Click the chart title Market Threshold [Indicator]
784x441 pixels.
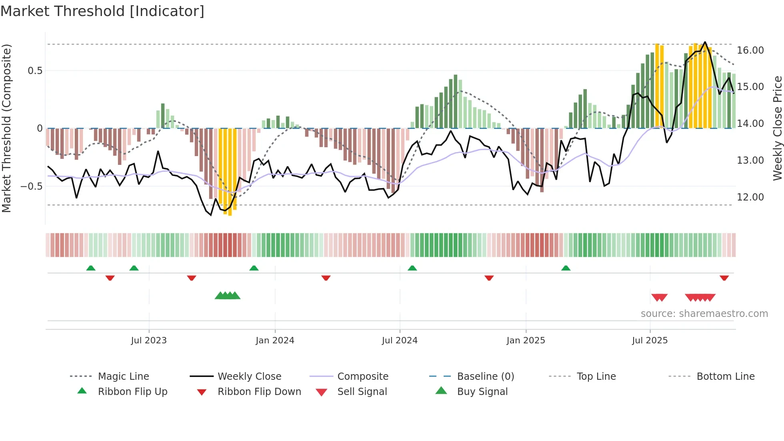(102, 11)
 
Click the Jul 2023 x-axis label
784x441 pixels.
(149, 340)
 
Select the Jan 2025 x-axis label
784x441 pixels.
(526, 340)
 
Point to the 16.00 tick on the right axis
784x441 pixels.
(750, 50)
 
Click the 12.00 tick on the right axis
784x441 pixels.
(750, 197)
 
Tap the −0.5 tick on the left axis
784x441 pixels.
(31, 186)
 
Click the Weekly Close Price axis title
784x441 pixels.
(777, 128)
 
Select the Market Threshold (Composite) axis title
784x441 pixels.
(6, 128)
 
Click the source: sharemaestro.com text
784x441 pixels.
(704, 313)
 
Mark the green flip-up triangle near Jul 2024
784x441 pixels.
(412, 268)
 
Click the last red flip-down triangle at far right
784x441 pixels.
(724, 278)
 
